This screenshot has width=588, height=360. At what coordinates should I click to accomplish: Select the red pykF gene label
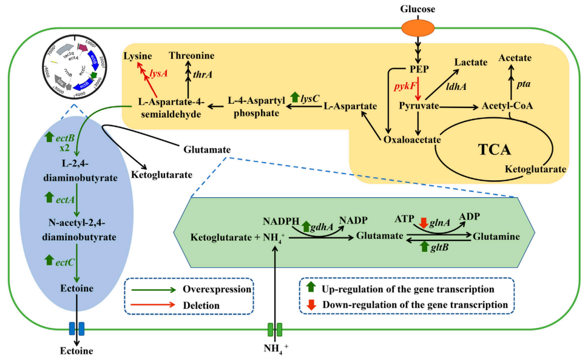[x=405, y=87]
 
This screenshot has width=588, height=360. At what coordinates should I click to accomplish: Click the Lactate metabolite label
[x=473, y=61]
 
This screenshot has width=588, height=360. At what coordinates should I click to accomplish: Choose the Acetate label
[x=515, y=58]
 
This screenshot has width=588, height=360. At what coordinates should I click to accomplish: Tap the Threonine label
[x=191, y=56]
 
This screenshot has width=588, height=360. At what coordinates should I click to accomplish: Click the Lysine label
[x=138, y=56]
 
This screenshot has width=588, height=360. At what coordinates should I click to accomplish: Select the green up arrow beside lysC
[x=296, y=97]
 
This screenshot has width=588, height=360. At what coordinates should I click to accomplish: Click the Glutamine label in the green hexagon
[x=496, y=237]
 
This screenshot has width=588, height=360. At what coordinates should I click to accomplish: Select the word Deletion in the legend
[x=201, y=305]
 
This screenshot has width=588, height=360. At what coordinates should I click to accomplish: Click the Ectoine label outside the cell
[x=76, y=350]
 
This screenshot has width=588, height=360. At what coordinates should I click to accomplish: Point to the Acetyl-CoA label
[x=507, y=106]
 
